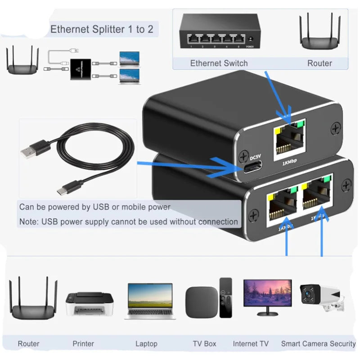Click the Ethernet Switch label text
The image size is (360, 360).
(x=219, y=63)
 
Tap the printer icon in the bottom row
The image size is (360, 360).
(x=89, y=304)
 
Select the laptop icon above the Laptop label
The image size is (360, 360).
(x=150, y=301)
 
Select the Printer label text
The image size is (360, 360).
(x=83, y=344)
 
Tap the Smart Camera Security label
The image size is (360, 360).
(x=318, y=344)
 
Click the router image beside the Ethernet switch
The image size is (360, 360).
(x=319, y=33)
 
